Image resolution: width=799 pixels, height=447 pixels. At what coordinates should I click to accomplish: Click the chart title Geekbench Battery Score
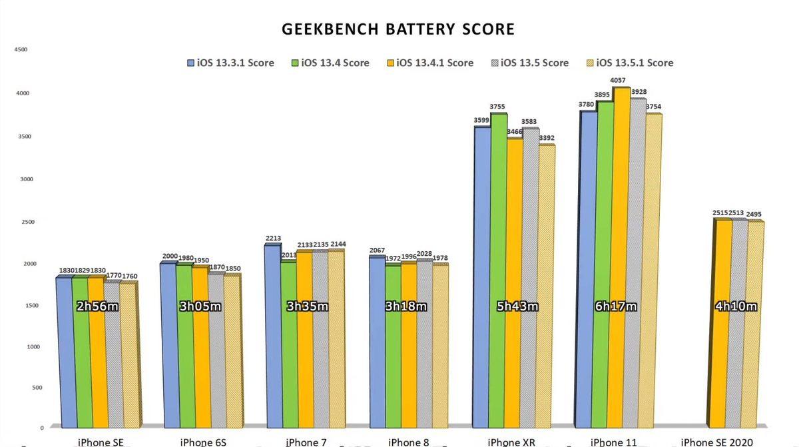tap(398, 29)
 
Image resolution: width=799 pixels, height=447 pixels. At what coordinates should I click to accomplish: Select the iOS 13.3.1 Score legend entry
tap(230, 63)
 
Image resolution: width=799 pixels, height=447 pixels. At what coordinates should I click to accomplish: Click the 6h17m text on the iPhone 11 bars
tap(616, 306)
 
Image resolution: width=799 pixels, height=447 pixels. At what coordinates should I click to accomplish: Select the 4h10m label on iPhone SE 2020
tap(734, 306)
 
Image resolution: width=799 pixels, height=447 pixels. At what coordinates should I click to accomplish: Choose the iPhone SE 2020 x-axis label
tap(716, 442)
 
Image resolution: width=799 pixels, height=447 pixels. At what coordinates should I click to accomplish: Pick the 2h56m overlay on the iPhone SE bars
tap(99, 306)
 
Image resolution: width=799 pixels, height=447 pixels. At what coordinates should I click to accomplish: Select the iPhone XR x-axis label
tap(511, 442)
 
